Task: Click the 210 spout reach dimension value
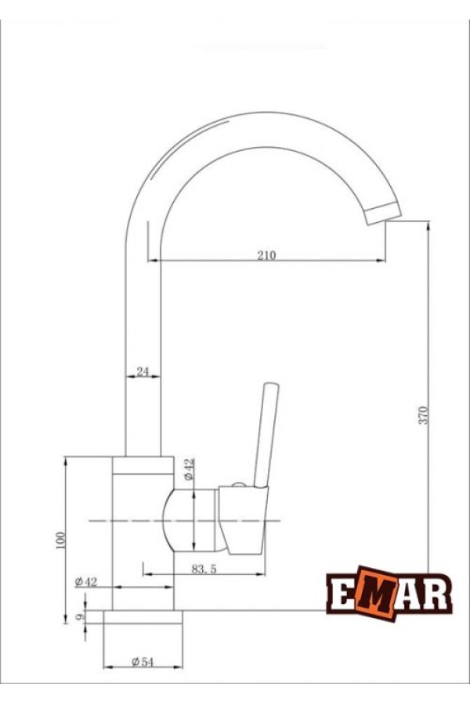click(x=267, y=255)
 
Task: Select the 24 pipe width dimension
click(x=143, y=372)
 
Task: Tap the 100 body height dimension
click(x=62, y=540)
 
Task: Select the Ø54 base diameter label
click(x=142, y=662)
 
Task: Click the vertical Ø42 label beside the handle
click(x=188, y=470)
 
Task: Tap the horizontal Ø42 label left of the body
click(x=86, y=581)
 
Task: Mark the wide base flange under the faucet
click(x=143, y=617)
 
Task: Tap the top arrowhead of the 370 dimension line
click(x=428, y=227)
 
